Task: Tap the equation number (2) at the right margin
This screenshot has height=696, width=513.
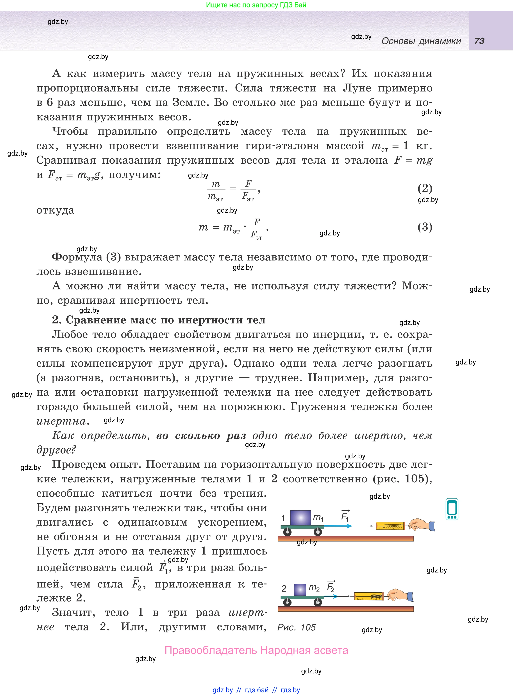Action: pyautogui.click(x=425, y=188)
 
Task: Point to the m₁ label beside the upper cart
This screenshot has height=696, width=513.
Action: pyautogui.click(x=318, y=517)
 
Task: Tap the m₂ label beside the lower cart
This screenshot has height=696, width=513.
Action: pyautogui.click(x=314, y=588)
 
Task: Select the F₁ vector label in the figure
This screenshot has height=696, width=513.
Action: pyautogui.click(x=345, y=516)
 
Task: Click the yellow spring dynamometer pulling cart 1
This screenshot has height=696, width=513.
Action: pyautogui.click(x=390, y=526)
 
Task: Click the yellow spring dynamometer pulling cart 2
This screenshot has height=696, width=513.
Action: pyautogui.click(x=369, y=596)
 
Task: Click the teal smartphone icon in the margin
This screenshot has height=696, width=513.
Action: pyautogui.click(x=452, y=509)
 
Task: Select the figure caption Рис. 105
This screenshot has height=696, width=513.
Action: pyautogui.click(x=296, y=627)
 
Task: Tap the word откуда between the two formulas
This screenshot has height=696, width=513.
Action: pyautogui.click(x=55, y=210)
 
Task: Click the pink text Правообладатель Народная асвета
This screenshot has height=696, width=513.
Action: pyautogui.click(x=256, y=650)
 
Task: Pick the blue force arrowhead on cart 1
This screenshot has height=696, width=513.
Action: pyautogui.click(x=349, y=526)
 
